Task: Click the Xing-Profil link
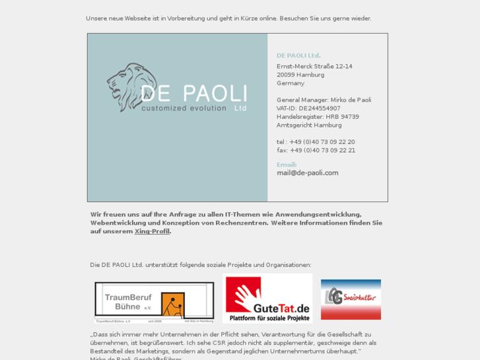(152, 231)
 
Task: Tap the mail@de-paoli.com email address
(307, 173)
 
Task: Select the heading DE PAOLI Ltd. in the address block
(298, 55)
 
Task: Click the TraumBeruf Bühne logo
(154, 301)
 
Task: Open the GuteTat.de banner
(267, 299)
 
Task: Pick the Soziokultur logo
(351, 299)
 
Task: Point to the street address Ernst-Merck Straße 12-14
(314, 66)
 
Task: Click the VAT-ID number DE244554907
(320, 108)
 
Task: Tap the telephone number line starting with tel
(316, 142)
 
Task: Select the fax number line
(316, 150)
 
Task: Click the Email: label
(287, 164)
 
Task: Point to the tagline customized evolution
(184, 108)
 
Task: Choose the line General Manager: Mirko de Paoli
(324, 100)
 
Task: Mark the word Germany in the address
(291, 83)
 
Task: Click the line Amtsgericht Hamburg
(309, 125)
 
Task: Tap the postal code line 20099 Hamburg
(300, 75)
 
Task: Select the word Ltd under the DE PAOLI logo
(240, 108)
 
